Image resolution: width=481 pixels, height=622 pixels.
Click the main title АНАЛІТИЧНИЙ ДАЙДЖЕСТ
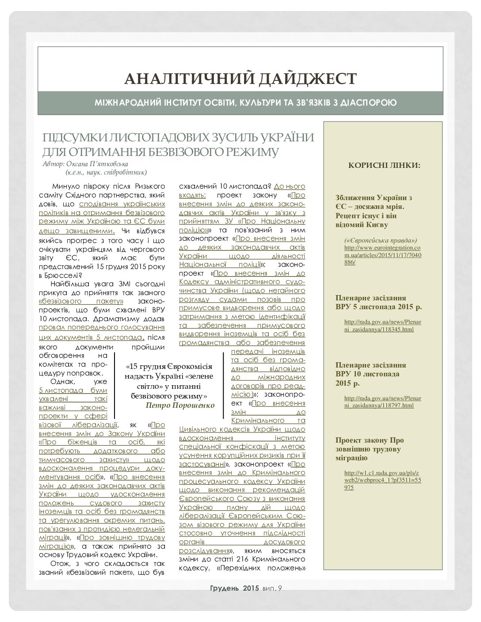(240, 79)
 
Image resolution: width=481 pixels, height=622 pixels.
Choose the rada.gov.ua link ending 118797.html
(382, 402)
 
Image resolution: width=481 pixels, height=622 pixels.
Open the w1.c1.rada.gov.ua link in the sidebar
(382, 480)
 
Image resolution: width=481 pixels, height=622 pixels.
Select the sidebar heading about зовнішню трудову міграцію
(370, 449)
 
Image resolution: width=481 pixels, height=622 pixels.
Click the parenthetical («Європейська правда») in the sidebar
(380, 240)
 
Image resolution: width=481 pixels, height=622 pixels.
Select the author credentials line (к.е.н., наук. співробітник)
(106, 172)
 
